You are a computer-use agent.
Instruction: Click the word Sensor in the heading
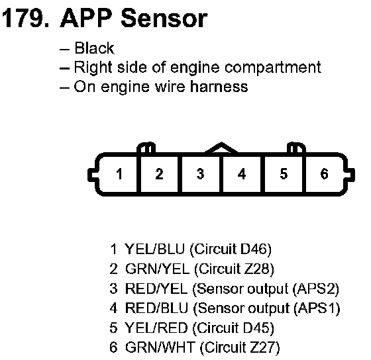[x=164, y=19]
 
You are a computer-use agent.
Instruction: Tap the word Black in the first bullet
[x=94, y=48]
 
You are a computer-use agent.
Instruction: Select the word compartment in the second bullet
[x=272, y=68]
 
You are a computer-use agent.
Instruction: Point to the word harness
[x=219, y=87]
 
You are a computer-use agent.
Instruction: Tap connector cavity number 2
[x=159, y=174]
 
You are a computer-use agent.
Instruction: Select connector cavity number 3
[x=200, y=174]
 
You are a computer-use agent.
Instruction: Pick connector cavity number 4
[x=242, y=174]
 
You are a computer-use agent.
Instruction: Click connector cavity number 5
[x=284, y=174]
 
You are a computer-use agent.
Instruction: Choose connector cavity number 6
[x=325, y=174]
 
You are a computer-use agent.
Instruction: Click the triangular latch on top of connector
[x=221, y=148]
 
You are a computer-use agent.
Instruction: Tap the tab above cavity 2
[x=146, y=148]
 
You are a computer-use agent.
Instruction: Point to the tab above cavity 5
[x=296, y=148]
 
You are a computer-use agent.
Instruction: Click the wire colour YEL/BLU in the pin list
[x=154, y=249]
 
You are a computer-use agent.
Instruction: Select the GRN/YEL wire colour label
[x=158, y=269]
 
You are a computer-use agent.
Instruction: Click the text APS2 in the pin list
[x=316, y=289]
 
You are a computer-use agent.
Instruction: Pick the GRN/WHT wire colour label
[x=160, y=347]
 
